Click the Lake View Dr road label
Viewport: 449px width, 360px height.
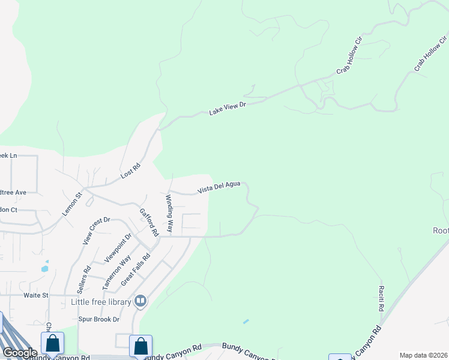(228, 108)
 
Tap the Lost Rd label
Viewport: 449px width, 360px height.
(130, 171)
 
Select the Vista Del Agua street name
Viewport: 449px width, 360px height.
(219, 188)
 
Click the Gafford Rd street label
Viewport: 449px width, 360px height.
(148, 221)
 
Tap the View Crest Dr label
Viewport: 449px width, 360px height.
(96, 231)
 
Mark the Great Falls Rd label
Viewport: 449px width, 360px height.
(135, 269)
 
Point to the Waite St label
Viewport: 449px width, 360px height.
(35, 295)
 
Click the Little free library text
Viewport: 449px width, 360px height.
(101, 302)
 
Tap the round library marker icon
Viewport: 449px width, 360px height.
(140, 301)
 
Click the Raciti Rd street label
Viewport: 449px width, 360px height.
(381, 298)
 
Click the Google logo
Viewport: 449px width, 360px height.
(20, 353)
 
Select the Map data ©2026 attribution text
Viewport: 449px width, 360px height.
(423, 355)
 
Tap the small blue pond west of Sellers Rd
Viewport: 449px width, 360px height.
(44, 268)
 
